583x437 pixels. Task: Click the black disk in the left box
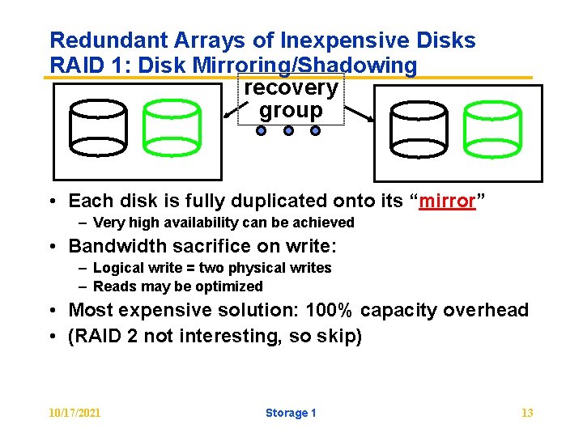[99, 128]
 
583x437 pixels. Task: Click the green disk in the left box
[172, 128]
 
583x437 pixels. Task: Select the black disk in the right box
[418, 129]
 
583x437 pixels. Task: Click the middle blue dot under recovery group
[289, 130]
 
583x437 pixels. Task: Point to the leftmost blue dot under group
[262, 130]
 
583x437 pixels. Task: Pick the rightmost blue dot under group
[316, 130]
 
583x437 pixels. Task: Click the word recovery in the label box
[291, 87]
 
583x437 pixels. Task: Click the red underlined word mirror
[445, 201]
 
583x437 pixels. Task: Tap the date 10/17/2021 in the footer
[75, 413]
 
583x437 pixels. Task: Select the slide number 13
[527, 413]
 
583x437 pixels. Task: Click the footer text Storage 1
[291, 413]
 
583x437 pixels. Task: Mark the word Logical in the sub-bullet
[119, 268]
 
